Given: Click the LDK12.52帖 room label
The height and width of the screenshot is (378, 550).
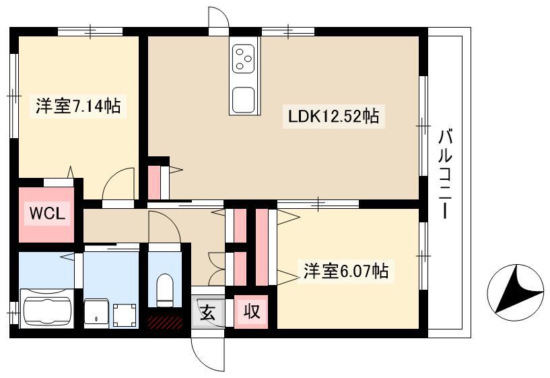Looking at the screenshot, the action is point(333,116).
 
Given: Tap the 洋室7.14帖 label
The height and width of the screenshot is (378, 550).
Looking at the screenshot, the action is point(78,106).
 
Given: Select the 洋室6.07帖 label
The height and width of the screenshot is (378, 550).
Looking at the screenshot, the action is point(345,271).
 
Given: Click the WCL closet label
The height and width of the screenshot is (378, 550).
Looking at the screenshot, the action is point(47,213).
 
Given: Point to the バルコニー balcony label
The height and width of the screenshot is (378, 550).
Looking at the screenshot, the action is point(445,175).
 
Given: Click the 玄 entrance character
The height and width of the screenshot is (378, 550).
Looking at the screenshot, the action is point(207,312).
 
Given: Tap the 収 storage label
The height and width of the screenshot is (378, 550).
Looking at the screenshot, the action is point(252,311).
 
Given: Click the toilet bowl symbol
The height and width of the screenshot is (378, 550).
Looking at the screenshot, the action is point(164,290).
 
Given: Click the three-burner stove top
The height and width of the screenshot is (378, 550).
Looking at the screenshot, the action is point(243,59).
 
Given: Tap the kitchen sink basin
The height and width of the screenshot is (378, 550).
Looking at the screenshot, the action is point(243,100).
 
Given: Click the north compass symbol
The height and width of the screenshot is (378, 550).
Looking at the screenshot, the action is point(515,292).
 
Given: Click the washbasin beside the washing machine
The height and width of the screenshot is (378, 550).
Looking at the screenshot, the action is point(96,313).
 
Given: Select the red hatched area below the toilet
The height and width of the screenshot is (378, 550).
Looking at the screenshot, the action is point(165,322).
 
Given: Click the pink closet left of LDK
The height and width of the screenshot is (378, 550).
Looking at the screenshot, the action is point(154,183).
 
